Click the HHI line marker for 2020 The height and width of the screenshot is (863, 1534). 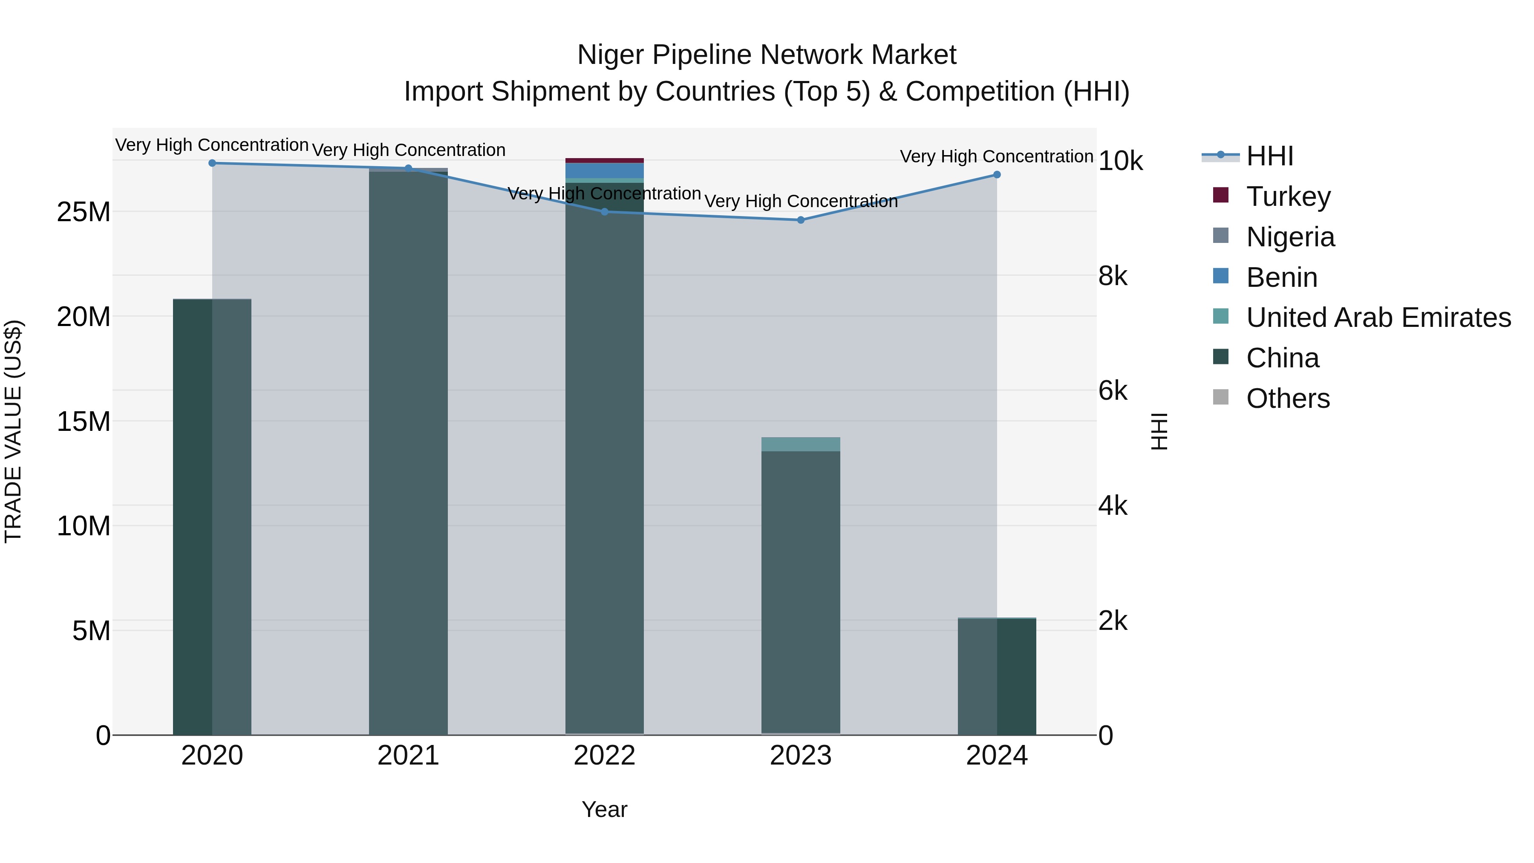pos(212,163)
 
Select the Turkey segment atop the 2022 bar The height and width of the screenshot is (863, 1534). pos(604,160)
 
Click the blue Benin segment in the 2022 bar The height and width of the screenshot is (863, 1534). pos(604,170)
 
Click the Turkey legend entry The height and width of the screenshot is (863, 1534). pos(1287,196)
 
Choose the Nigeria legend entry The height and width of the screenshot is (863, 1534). pos(1290,237)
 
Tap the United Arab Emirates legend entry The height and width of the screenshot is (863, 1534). pos(1378,317)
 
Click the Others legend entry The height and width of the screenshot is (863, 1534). pos(1287,398)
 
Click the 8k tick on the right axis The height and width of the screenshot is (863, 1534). pos(1113,276)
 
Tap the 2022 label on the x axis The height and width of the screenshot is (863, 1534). pos(604,756)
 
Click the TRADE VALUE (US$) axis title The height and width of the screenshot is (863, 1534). pos(13,431)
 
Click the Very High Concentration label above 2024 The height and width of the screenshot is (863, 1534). pos(996,157)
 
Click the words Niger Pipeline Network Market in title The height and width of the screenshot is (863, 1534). pos(767,55)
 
